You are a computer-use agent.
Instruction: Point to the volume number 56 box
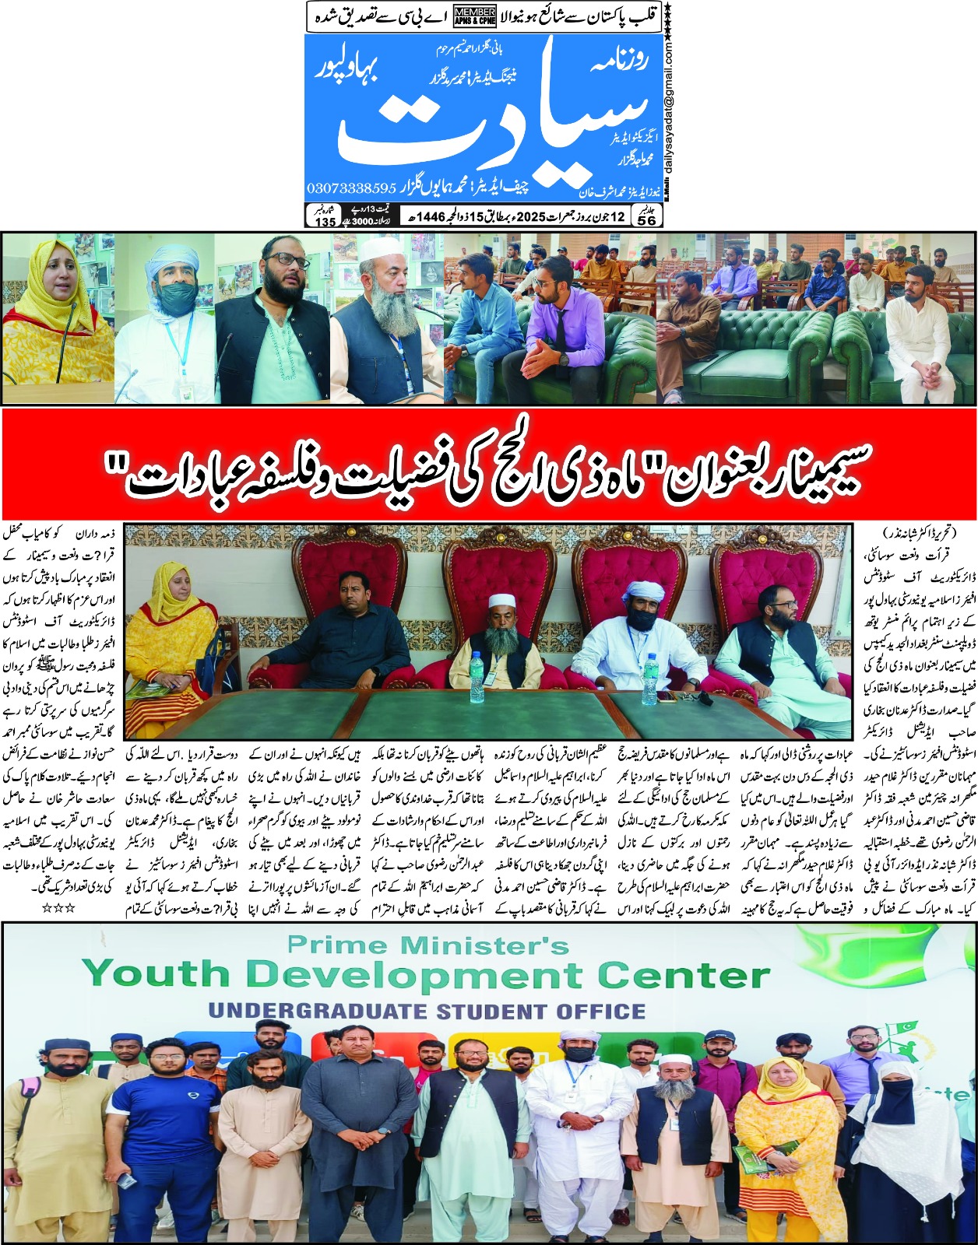(647, 221)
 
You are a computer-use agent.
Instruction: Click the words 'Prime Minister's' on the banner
(428, 945)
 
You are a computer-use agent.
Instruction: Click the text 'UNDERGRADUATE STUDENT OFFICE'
(427, 1012)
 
